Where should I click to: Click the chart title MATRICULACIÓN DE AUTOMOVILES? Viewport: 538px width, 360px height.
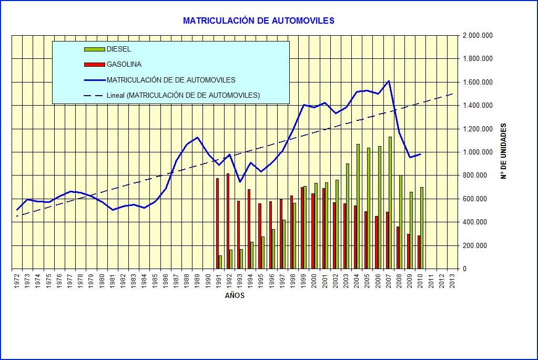[258, 20]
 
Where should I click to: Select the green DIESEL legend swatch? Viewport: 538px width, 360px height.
[94, 49]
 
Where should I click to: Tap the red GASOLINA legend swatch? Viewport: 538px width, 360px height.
[94, 65]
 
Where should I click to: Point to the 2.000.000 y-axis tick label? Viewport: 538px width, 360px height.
[478, 36]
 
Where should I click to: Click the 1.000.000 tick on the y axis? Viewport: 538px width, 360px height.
[478, 152]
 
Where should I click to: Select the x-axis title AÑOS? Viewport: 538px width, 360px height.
[235, 295]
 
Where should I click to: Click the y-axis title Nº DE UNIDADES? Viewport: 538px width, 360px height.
[503, 151]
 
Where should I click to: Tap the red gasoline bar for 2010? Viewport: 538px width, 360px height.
[419, 252]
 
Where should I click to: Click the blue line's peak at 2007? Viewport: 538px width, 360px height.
[389, 81]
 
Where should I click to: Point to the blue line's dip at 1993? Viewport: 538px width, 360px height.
[240, 182]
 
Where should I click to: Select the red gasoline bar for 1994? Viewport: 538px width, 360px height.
[249, 229]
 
